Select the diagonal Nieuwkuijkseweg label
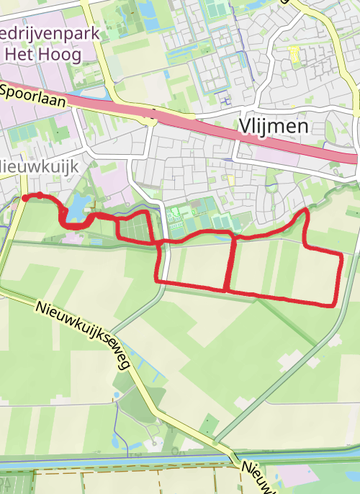click(x=82, y=335)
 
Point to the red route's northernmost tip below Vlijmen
click(x=307, y=210)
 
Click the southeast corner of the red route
click(x=334, y=305)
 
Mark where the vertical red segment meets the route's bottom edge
click(x=228, y=289)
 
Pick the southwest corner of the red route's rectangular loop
click(x=158, y=280)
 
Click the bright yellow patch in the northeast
click(x=294, y=53)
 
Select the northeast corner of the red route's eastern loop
click(x=340, y=253)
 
